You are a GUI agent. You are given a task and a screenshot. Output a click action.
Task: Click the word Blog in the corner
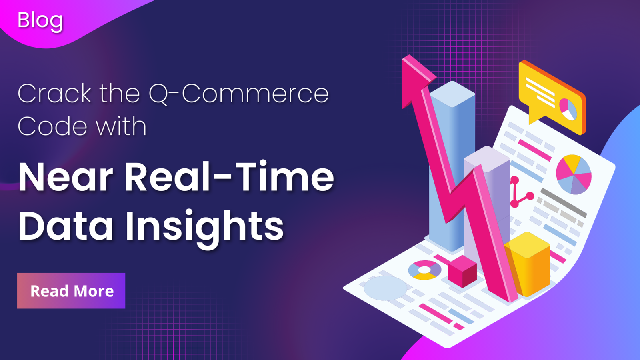(40, 20)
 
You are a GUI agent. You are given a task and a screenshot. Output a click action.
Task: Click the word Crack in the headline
(54, 94)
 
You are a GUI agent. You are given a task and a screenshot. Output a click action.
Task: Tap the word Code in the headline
(52, 126)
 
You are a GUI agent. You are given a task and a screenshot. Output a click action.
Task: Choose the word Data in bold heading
(66, 226)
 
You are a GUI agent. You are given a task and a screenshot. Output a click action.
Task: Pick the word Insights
(204, 226)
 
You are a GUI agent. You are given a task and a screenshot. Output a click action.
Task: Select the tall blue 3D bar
(452, 160)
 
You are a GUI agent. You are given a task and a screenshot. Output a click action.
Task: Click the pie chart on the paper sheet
(574, 174)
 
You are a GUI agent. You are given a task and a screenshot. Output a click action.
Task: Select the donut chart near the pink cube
(424, 270)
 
